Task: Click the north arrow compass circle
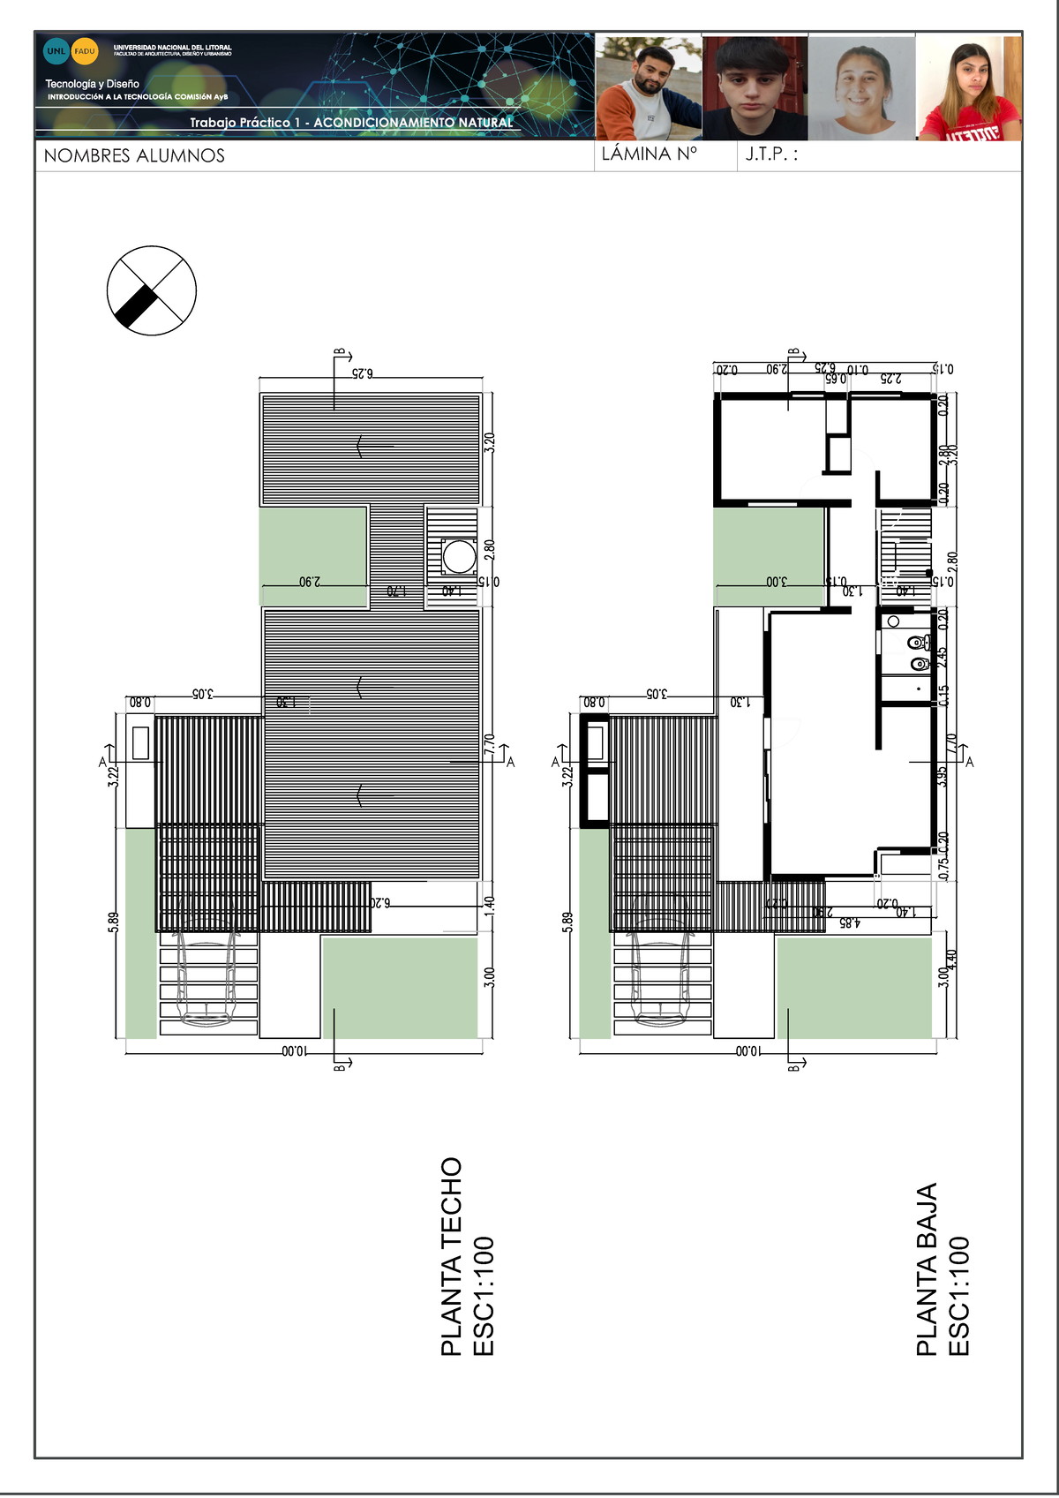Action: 151,290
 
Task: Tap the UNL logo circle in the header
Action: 56,51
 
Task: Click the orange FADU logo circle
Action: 85,51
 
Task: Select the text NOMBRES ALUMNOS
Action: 134,156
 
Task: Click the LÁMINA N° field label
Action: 649,154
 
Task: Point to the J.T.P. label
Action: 770,154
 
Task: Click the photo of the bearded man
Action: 649,87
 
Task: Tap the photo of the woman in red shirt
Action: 969,87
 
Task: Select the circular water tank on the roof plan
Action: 459,556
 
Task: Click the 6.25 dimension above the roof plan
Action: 362,374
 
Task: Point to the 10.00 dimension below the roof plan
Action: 295,1051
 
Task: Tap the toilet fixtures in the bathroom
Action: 919,652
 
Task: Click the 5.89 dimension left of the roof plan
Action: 113,922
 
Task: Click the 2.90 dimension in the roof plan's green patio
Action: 310,583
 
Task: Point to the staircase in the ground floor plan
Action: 905,547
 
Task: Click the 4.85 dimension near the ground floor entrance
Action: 849,923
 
